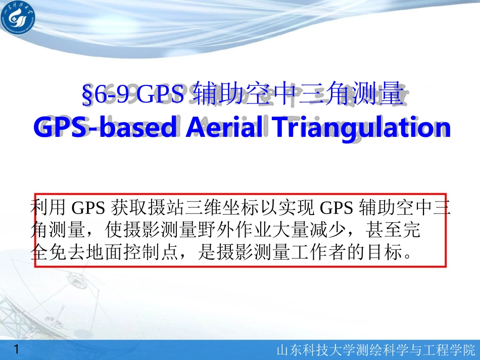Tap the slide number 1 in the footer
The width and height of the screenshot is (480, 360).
[x=18, y=349]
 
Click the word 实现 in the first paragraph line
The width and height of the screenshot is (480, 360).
[x=298, y=207]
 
